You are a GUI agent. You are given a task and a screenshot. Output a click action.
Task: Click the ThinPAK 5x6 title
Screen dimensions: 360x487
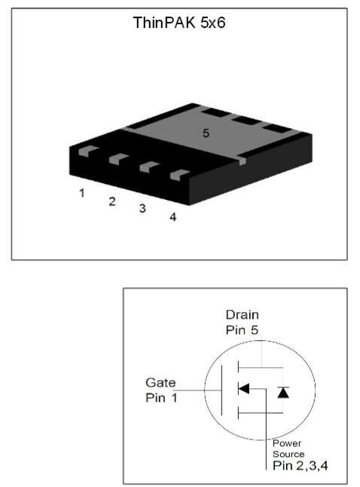[179, 23]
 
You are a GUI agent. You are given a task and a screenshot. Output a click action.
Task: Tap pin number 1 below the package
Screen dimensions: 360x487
[82, 193]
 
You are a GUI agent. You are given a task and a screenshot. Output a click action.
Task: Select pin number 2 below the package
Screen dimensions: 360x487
[112, 201]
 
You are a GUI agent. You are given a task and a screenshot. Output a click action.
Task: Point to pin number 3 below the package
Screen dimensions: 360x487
[142, 208]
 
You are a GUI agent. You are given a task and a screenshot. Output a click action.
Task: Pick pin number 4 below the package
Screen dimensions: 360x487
[173, 217]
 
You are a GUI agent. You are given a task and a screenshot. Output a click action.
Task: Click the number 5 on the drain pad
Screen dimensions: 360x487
[206, 133]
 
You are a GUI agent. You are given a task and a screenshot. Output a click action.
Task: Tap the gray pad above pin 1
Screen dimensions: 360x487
[88, 151]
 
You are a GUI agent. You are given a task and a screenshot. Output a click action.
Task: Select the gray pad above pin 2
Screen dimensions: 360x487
[118, 159]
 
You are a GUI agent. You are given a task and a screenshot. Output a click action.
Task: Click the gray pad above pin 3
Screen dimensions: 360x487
[149, 167]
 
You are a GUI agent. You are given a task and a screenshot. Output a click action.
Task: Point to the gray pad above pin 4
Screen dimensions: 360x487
[180, 175]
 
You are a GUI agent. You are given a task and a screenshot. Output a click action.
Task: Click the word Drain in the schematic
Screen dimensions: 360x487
[242, 314]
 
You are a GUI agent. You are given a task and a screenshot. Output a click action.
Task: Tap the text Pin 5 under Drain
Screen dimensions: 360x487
[242, 330]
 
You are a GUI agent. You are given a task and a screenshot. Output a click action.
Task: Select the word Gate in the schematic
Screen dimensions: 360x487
[160, 382]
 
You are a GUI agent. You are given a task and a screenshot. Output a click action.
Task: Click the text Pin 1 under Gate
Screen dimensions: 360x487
[161, 397]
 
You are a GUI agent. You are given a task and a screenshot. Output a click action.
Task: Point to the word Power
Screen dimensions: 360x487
[287, 443]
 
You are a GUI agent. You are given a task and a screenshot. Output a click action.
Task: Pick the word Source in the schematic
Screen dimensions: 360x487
[288, 454]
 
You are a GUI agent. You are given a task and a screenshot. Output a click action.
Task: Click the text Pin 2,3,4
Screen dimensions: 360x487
[300, 466]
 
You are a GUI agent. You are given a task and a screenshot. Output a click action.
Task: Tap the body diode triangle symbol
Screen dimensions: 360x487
[283, 393]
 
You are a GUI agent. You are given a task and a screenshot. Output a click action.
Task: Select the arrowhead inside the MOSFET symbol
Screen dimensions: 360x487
[244, 388]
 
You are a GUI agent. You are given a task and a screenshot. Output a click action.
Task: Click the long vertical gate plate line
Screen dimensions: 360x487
[221, 390]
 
